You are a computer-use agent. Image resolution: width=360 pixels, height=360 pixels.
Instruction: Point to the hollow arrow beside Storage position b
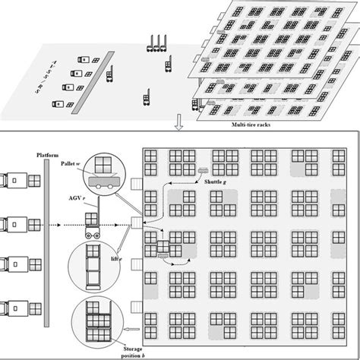point(135,330)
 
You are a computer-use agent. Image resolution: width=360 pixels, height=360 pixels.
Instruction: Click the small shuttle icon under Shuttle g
point(204,170)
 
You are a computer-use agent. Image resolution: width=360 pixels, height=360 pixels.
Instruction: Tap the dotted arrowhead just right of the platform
point(61,225)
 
